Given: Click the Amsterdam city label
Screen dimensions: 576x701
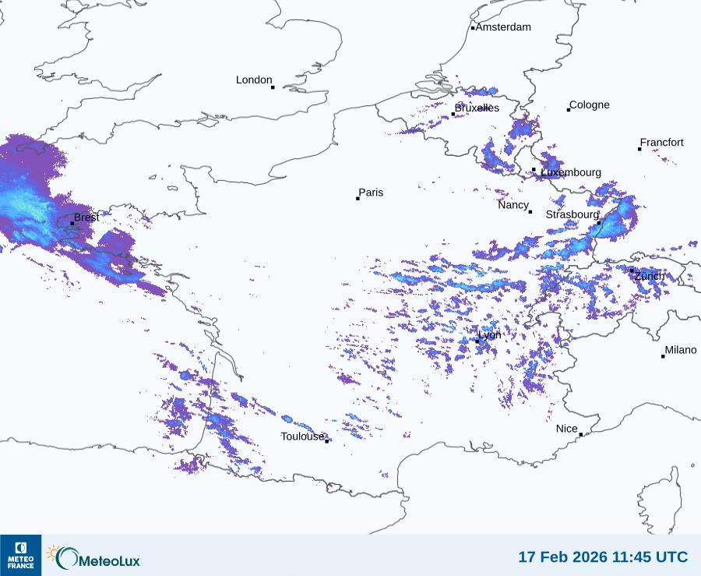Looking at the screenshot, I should click(x=503, y=27).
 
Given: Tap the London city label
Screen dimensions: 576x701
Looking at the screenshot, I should click(x=254, y=80).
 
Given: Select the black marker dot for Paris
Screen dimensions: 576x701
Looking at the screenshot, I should click(x=358, y=199).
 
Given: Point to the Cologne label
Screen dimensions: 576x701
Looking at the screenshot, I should click(x=590, y=105).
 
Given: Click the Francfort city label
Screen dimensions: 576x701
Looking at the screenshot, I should click(x=662, y=143).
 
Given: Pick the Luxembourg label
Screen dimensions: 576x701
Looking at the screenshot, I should click(x=571, y=172).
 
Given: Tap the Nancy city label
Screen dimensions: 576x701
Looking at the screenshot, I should click(x=513, y=205).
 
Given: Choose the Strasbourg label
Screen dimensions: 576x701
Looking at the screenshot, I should click(x=572, y=214).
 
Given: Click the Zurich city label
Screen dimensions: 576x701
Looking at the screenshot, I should click(x=650, y=276).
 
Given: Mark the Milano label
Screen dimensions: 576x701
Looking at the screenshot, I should click(x=681, y=350).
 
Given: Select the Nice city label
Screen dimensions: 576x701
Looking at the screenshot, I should click(x=567, y=429).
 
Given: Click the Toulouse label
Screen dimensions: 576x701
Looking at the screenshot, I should click(x=302, y=436).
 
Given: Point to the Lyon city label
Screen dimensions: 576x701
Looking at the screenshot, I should click(x=490, y=335).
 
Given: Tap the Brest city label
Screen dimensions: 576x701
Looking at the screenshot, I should click(x=86, y=217).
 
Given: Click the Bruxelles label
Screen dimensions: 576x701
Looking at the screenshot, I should click(x=477, y=108).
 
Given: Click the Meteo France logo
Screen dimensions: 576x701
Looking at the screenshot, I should click(x=20, y=555).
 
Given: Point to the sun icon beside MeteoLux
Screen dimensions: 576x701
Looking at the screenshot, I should click(x=53, y=553).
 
